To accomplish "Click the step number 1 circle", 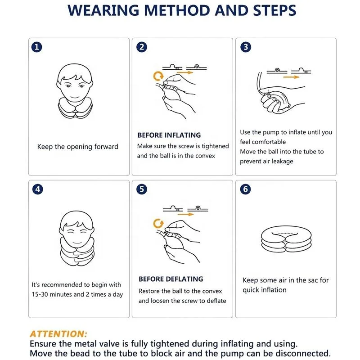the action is tap(37, 47).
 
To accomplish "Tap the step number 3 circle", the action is tap(246, 47).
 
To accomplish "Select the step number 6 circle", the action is tap(245, 189).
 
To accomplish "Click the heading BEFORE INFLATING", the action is tap(169, 135).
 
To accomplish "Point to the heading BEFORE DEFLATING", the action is tap(171, 279).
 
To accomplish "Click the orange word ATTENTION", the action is tap(58, 334).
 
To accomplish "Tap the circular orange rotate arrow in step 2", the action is tap(158, 76).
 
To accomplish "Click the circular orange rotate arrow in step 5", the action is tap(158, 223).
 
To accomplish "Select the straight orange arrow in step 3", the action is tap(291, 77).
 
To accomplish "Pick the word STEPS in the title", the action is tap(274, 10).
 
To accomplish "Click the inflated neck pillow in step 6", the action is tap(286, 241).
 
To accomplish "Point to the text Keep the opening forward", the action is tap(77, 147).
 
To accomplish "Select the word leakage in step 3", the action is tap(283, 161).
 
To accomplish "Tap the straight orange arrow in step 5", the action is tap(186, 214).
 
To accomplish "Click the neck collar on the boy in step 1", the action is tap(75, 109).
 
